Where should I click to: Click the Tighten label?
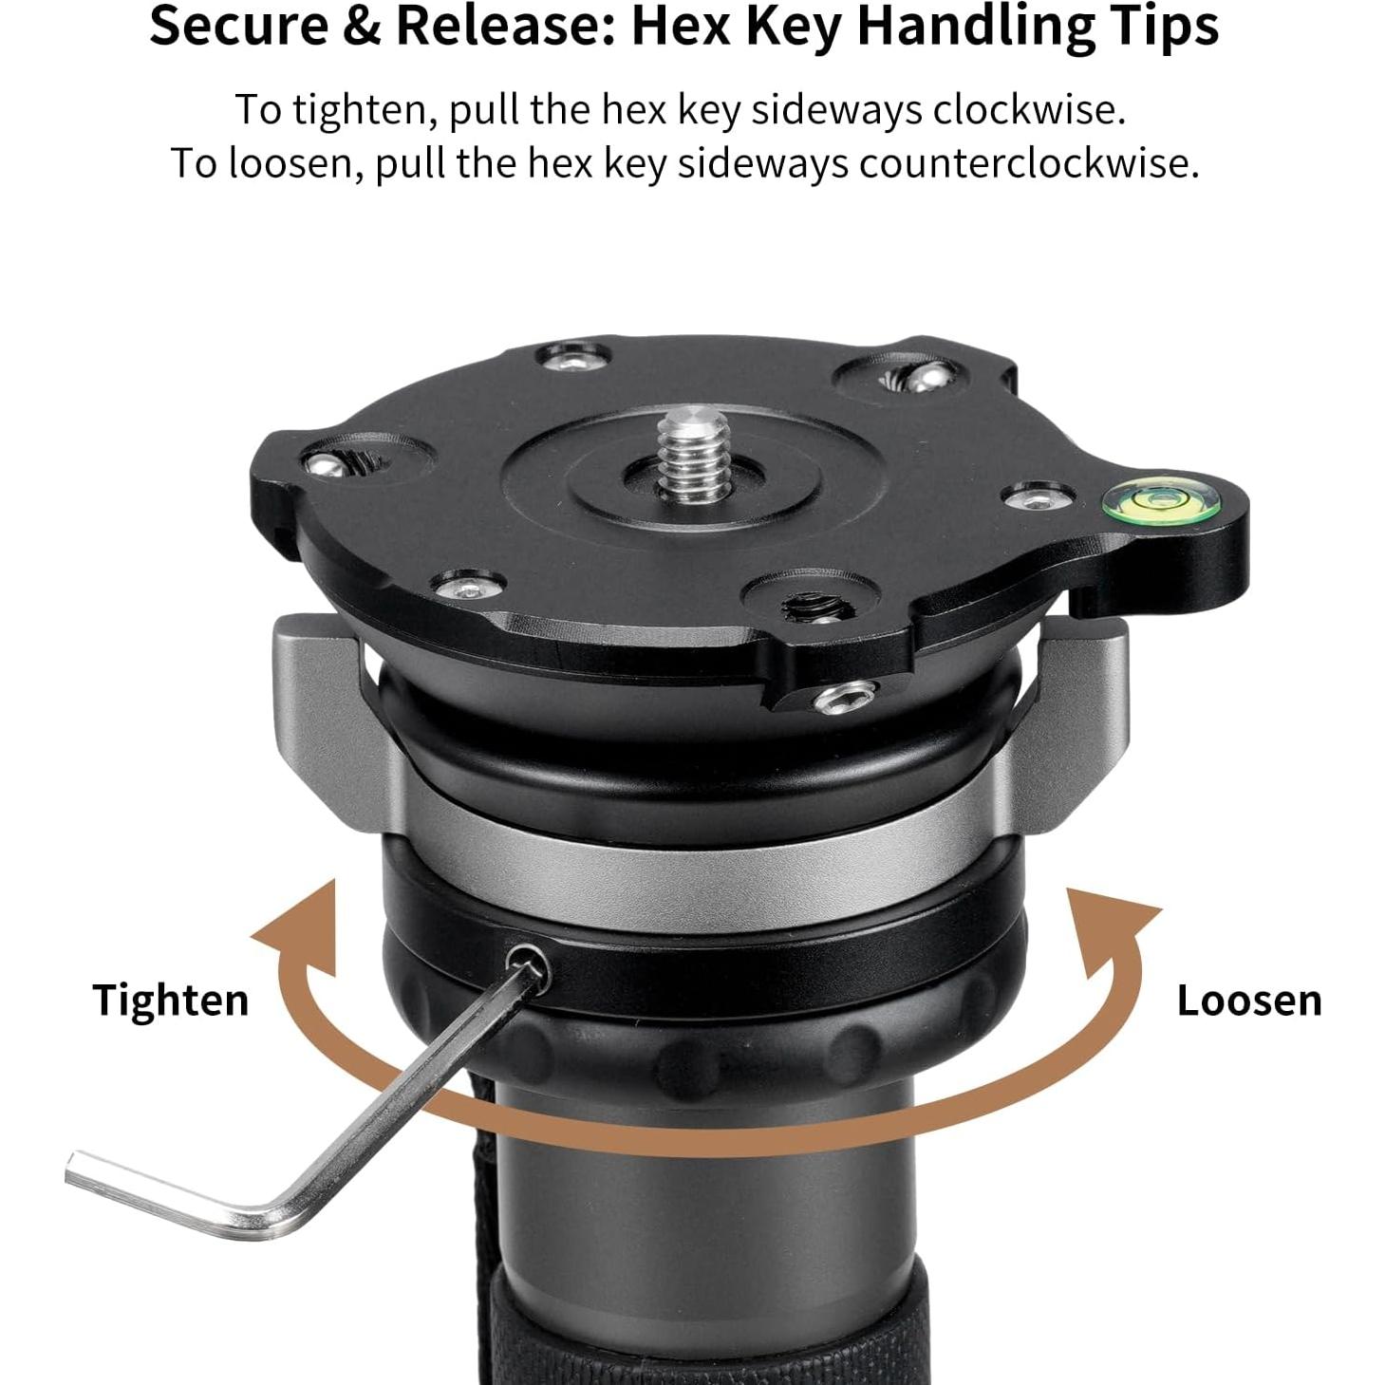[x=170, y=1001]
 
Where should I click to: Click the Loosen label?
[x=1248, y=1001]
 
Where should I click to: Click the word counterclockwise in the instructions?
[x=1028, y=163]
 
